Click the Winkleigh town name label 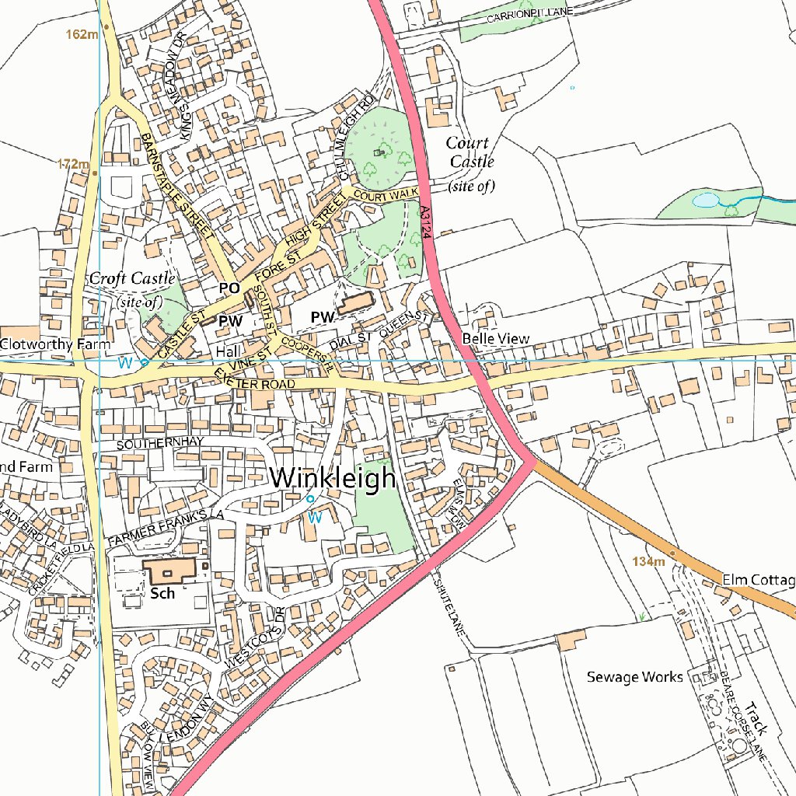click(x=333, y=478)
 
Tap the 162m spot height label click(x=82, y=34)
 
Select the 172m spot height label click(x=74, y=164)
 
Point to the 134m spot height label click(x=648, y=561)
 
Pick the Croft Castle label click(x=132, y=278)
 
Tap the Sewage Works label click(x=634, y=677)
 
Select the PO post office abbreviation click(x=229, y=288)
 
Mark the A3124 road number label click(x=424, y=222)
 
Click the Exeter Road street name click(x=256, y=380)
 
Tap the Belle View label click(x=495, y=339)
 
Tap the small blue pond click(x=706, y=200)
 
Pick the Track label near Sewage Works click(x=755, y=718)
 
